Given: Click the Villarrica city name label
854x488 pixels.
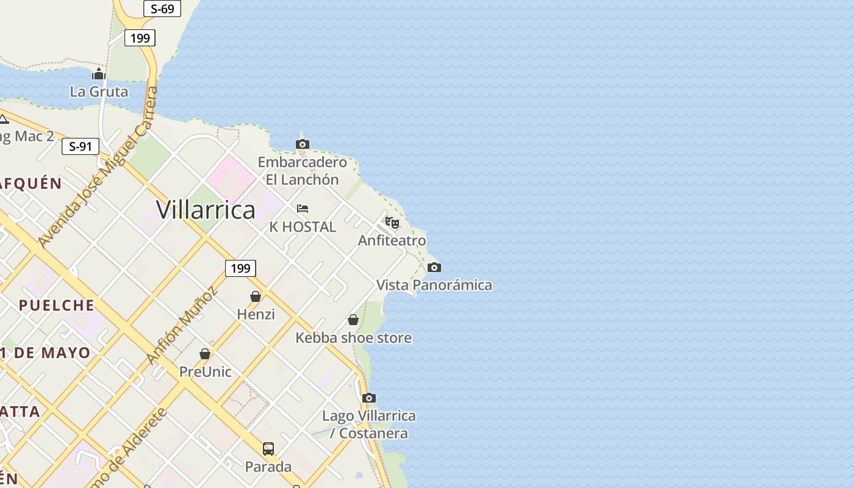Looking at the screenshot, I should (x=206, y=210).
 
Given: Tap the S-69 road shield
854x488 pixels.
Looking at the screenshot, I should (x=162, y=9).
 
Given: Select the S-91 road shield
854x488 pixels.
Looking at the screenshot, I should (x=80, y=146).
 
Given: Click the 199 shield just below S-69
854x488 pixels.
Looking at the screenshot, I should (x=140, y=38).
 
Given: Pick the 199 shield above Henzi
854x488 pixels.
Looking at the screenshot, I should (x=240, y=268).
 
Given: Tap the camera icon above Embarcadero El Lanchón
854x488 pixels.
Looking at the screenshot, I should (x=302, y=145).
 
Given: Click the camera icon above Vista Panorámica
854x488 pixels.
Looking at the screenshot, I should (x=434, y=267).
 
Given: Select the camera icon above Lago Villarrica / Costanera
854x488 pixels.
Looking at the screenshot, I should (x=368, y=398).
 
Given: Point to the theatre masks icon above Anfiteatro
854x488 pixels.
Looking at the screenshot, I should (x=392, y=223).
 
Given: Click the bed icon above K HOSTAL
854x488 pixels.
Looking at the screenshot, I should (x=302, y=209).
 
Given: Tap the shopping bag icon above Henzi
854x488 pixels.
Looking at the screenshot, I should (x=256, y=296).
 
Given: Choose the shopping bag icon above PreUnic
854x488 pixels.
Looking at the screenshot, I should (x=205, y=354).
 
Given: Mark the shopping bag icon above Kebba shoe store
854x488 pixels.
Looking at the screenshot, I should (x=353, y=320).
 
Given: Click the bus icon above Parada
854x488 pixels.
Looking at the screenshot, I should (x=268, y=449).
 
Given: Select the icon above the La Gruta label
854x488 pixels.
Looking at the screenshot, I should (x=99, y=74).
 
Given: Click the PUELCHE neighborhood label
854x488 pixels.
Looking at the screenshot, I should (x=56, y=305).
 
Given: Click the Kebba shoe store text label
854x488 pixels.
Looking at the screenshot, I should (x=353, y=338).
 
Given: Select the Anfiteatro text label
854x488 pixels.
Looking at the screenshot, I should (x=392, y=240).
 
